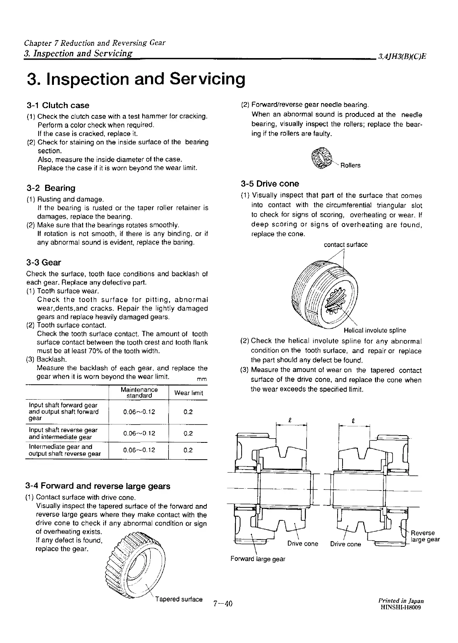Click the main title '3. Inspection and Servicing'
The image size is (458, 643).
[136, 79]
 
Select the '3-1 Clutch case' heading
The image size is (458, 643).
[58, 105]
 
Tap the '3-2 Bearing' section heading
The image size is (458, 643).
[51, 188]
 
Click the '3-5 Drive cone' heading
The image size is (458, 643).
[270, 184]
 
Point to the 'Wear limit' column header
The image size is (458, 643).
[188, 393]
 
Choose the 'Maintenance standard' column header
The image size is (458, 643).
[139, 392]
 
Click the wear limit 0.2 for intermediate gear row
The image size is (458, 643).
[188, 450]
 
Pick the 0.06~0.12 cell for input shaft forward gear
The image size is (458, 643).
[139, 412]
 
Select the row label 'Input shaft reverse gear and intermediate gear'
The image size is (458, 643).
[63, 433]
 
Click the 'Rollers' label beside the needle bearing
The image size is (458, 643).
[350, 165]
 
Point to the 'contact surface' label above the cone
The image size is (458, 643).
[346, 245]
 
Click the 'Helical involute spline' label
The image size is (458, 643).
[375, 330]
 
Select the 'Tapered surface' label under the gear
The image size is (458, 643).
[179, 599]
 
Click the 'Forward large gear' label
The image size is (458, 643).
[258, 559]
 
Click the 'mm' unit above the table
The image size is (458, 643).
[201, 379]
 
